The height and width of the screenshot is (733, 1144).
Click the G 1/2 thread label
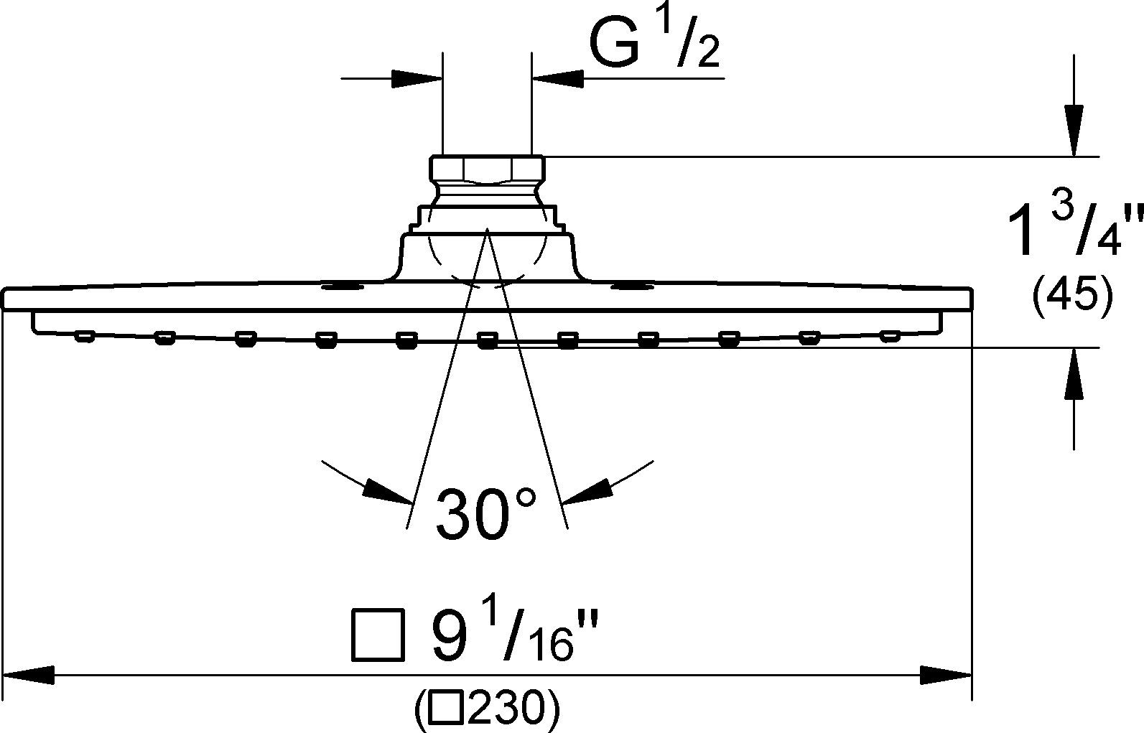(x=654, y=45)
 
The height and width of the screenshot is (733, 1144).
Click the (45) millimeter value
(x=1072, y=295)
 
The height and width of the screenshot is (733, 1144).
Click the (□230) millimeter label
(x=486, y=709)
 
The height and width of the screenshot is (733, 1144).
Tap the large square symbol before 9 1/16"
(x=376, y=635)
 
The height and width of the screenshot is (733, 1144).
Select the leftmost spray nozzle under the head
(x=85, y=335)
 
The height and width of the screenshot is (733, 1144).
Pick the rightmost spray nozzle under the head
(x=890, y=335)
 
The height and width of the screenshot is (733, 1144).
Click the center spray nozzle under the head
(x=488, y=340)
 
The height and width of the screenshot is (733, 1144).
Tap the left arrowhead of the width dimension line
(x=29, y=675)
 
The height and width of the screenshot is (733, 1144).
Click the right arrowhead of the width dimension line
(x=947, y=675)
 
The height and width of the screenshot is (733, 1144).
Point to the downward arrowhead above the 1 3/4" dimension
(x=1074, y=129)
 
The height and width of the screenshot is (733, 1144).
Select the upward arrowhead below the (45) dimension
(x=1074, y=374)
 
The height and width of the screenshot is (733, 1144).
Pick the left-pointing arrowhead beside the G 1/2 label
(x=557, y=78)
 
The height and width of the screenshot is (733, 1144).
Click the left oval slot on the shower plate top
(x=342, y=288)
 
